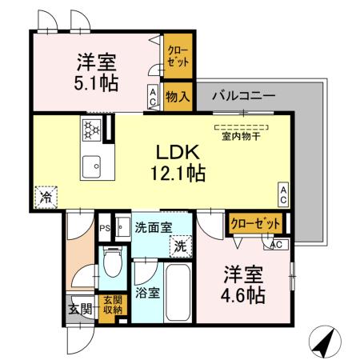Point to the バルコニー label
click(243, 96)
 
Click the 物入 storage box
click(177, 97)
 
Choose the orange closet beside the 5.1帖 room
click(177, 56)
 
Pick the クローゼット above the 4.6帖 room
click(256, 224)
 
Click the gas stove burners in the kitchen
click(90, 128)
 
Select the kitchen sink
click(90, 166)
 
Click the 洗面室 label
click(152, 227)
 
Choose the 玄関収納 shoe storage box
click(113, 304)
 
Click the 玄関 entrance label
click(78, 307)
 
